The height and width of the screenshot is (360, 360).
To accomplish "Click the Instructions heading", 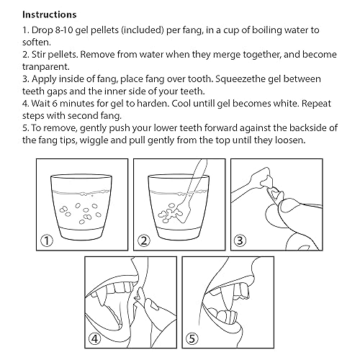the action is [50, 14].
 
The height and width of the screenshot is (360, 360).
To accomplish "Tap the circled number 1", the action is [47, 240].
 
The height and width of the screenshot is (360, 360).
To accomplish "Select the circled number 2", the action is [144, 240].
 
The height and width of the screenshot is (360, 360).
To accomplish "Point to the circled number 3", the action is [240, 240].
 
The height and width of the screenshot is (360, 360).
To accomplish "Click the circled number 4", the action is [95, 339].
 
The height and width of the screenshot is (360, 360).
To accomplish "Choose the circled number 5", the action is [192, 339].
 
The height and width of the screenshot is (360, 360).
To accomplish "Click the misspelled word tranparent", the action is [46, 67].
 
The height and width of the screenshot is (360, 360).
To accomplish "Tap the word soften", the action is [37, 42].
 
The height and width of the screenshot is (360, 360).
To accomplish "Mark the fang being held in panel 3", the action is [274, 194].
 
